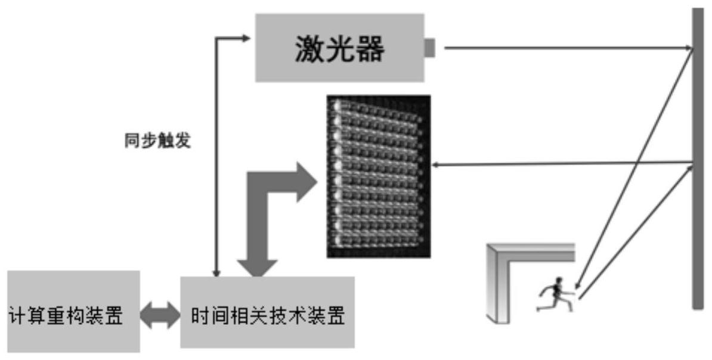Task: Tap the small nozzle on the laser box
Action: coord(429,48)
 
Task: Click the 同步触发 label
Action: coord(157,142)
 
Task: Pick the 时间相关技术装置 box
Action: coord(267,312)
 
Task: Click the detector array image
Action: coord(378,176)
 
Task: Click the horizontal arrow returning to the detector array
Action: coord(561,163)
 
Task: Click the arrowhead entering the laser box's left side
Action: coord(246,38)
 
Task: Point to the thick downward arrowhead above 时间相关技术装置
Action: coord(257,268)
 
